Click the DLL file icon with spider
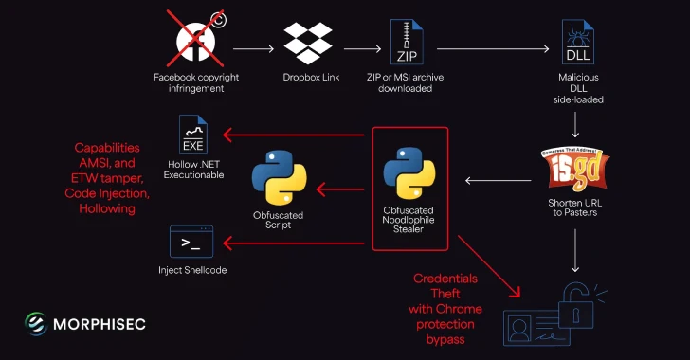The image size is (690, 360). (x=576, y=44)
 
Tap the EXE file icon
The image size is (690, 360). (x=193, y=135)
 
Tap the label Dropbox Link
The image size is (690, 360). (x=307, y=77)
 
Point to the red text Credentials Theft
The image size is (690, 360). (x=445, y=286)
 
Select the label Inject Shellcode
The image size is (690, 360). (x=192, y=270)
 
